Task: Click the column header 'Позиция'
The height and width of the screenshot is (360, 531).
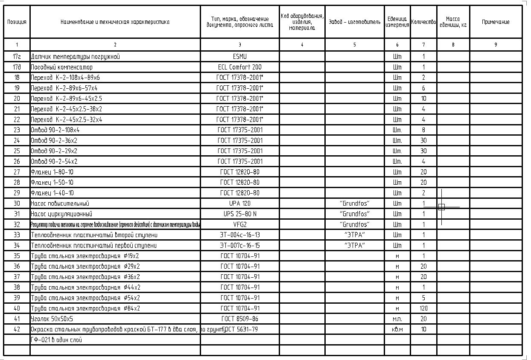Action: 17,22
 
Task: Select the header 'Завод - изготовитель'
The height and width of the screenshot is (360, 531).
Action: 354,22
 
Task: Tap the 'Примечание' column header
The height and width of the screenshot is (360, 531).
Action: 496,22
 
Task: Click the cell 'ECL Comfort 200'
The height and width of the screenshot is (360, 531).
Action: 239,67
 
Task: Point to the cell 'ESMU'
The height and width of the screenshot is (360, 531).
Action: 239,56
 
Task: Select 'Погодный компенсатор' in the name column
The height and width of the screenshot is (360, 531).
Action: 61,67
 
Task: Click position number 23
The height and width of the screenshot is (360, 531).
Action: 17,130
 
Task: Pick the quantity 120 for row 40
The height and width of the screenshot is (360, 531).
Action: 423,308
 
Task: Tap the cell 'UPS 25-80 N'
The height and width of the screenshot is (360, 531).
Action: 239,214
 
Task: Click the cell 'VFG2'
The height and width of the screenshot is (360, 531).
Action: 239,224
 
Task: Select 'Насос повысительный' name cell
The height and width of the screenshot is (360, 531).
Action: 60,203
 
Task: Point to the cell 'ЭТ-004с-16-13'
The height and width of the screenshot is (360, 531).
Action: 239,235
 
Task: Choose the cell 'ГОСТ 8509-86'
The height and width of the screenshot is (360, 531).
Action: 239,319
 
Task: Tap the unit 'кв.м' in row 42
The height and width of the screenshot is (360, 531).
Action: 397,329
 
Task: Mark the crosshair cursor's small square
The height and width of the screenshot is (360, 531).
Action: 441,207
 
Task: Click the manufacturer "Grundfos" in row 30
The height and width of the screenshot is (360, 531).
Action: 354,203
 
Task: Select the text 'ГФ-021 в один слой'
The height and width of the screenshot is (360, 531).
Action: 56,340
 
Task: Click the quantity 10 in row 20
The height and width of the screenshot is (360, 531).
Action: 423,99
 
